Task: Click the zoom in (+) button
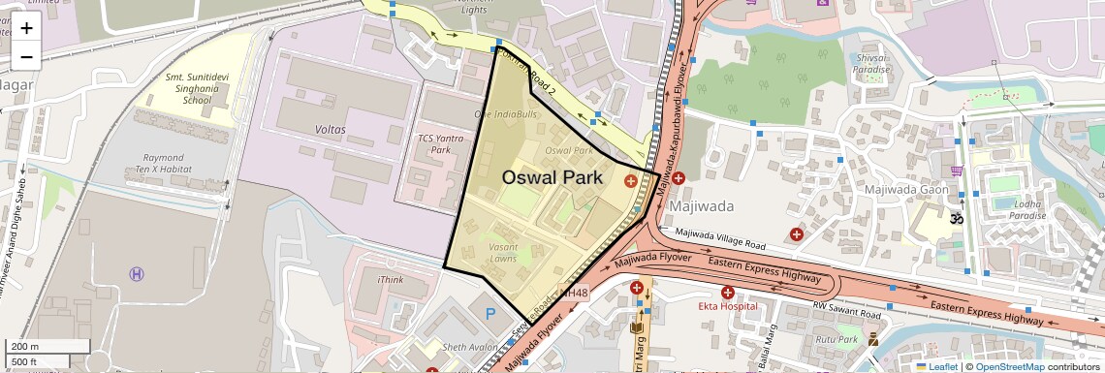click(26, 27)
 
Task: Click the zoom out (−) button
click(26, 56)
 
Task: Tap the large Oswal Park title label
click(552, 178)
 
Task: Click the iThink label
click(390, 280)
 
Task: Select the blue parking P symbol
click(490, 314)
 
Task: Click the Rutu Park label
click(836, 339)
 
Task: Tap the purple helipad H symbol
click(137, 274)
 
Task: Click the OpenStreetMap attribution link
click(1009, 366)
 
